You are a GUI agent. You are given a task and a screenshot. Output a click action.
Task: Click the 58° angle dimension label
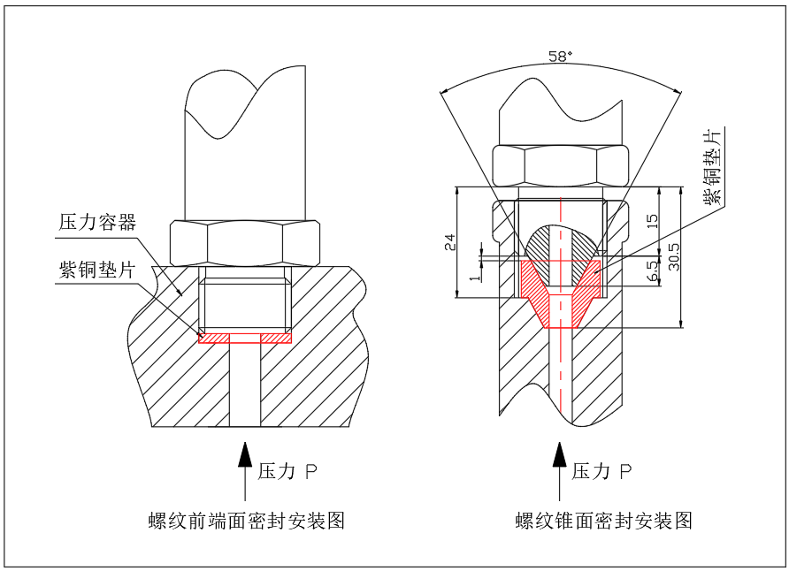point(560,56)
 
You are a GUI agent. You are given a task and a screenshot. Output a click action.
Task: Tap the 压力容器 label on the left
point(97,222)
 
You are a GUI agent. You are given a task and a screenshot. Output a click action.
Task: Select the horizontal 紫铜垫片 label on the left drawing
point(97,270)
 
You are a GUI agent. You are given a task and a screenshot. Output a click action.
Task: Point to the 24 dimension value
point(448,242)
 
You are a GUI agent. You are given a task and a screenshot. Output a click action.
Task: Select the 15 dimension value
point(653,221)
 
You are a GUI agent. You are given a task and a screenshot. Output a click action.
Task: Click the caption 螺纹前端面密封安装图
point(246,521)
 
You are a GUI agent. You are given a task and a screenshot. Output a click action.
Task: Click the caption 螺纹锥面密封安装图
point(604,521)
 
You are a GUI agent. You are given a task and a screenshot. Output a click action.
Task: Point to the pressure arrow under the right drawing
point(559,469)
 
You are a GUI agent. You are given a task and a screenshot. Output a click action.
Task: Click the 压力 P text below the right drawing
point(602,471)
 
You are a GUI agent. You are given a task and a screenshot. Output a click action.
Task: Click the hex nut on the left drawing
point(245,243)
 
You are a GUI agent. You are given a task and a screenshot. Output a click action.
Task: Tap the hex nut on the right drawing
point(560,164)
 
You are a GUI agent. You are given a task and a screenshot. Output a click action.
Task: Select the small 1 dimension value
point(472,278)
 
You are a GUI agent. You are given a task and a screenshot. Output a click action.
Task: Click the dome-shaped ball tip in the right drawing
point(560,242)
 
